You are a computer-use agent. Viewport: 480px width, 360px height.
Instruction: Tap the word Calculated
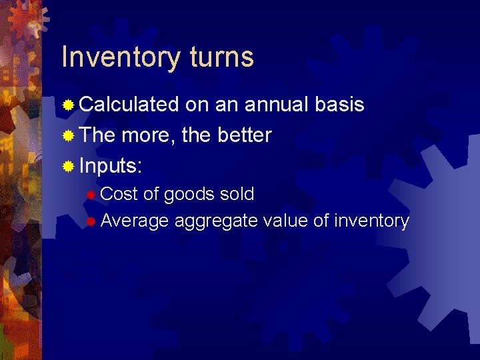pos(129,105)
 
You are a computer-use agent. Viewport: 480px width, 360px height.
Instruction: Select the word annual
pos(275,105)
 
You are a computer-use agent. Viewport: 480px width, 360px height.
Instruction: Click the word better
pos(245,135)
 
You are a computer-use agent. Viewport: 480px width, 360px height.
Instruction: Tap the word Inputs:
pos(112,167)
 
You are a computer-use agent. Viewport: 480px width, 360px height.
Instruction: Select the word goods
pos(187,195)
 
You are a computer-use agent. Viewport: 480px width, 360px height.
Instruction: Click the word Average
pos(134,221)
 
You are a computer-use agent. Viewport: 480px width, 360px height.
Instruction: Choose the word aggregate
pos(215,221)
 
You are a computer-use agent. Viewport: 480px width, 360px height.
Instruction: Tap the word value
pos(285,221)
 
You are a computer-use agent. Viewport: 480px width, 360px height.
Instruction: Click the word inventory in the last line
pos(371,221)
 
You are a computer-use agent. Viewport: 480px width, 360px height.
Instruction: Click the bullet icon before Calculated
pos(67,105)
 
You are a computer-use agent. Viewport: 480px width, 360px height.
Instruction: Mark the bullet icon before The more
pos(67,136)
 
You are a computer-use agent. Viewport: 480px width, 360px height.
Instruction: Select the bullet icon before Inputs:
pos(67,166)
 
